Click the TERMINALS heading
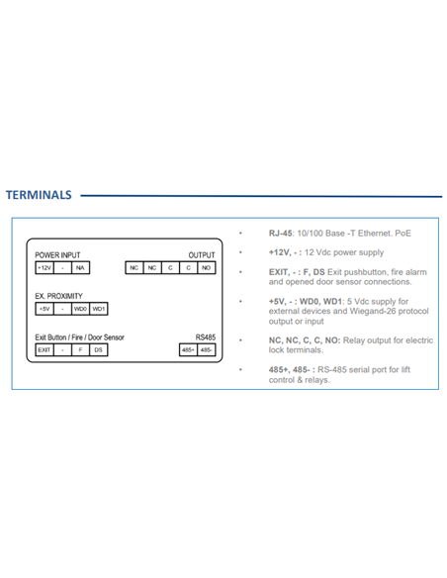pos(39,195)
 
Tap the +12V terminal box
pos(45,267)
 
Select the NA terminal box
pos(81,267)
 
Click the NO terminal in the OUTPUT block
pos(207,267)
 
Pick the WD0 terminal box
pos(81,309)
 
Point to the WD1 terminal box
pos(99,309)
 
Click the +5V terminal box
pos(45,309)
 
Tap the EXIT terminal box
pos(45,349)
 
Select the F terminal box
pos(81,349)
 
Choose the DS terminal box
pos(99,349)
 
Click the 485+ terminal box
pos(188,349)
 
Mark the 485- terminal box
pos(207,349)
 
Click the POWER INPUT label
pos(57,255)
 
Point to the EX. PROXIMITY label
pos(58,296)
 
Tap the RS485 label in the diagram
pos(206,337)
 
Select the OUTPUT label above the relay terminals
pos(202,255)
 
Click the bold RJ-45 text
pos(281,234)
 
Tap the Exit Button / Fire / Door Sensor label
pos(79,337)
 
